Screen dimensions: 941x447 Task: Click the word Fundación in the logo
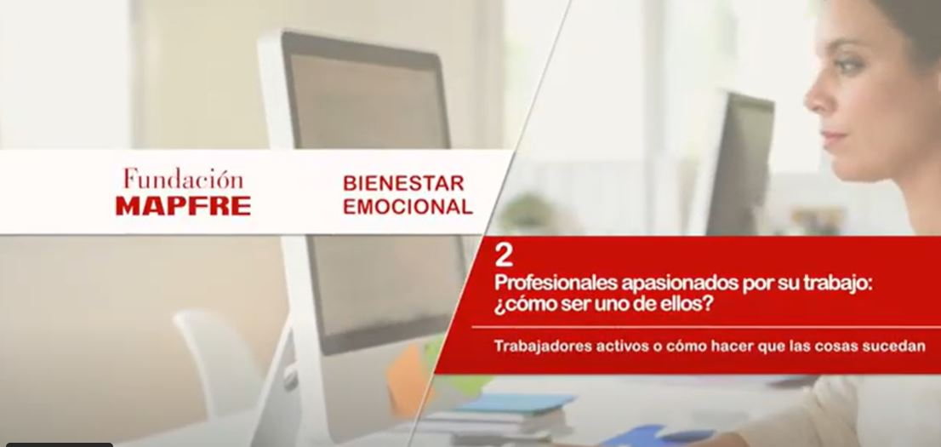pos(184,179)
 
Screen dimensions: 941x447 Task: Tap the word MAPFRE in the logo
pos(183,206)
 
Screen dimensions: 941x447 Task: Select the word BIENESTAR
pos(403,183)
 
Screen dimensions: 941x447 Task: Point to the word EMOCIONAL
pos(408,207)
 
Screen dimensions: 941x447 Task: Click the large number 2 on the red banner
pos(504,256)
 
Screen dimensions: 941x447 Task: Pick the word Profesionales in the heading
pos(556,284)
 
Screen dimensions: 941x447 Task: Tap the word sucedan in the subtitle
pos(898,347)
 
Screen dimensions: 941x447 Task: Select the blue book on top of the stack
pos(514,403)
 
